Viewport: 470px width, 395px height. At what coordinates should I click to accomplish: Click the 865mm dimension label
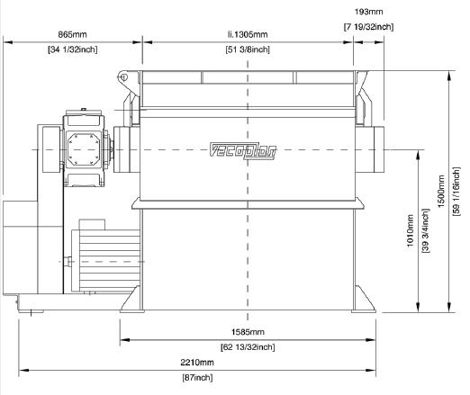point(72,34)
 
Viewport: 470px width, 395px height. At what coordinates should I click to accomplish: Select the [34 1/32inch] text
point(73,49)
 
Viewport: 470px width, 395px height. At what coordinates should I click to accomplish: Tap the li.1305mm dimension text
point(248,34)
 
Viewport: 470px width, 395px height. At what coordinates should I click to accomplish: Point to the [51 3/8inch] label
point(248,49)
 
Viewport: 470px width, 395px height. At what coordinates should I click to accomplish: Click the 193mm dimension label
point(369,12)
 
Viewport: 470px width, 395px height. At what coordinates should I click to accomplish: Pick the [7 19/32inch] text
point(368,27)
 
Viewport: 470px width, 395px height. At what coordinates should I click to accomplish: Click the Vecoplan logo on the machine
point(242,150)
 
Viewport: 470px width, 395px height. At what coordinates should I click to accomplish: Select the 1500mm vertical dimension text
point(441,192)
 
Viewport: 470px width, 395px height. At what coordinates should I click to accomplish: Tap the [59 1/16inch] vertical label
point(456,192)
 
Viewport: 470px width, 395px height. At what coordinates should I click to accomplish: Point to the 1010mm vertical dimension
point(411,230)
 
